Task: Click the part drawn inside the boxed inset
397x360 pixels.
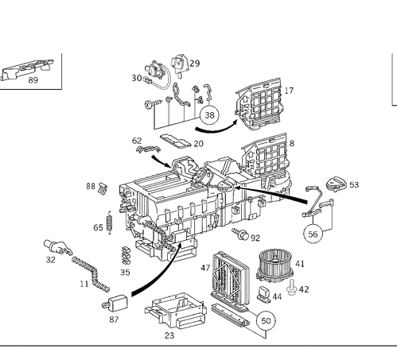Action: (x=29, y=71)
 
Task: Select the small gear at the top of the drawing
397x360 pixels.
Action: (x=182, y=61)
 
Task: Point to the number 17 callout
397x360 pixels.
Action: (x=289, y=90)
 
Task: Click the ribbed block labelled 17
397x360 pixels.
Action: (x=259, y=106)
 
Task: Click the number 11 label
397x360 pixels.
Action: (x=84, y=283)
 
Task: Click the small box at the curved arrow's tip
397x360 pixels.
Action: (x=115, y=304)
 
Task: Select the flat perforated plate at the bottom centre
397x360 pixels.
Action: (x=177, y=313)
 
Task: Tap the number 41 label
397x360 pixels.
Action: (x=299, y=263)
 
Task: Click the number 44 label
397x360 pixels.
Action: (x=278, y=296)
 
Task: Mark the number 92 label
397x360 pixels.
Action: (x=255, y=238)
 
